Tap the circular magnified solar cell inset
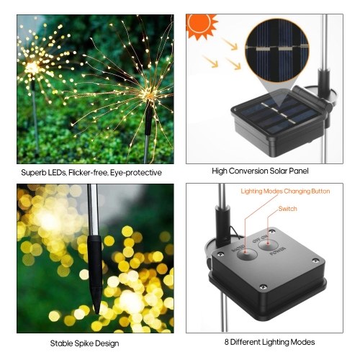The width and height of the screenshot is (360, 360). click(x=277, y=51)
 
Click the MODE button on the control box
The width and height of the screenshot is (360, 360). click(x=247, y=254)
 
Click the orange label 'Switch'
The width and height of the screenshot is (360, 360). click(x=287, y=209)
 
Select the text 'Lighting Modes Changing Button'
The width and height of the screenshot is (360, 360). click(x=285, y=192)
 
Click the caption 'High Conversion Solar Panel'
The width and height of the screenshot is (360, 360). click(x=260, y=171)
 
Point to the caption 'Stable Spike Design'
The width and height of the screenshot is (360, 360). click(x=84, y=343)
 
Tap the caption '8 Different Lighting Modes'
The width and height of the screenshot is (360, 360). click(x=269, y=342)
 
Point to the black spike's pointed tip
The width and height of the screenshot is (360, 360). click(x=96, y=312)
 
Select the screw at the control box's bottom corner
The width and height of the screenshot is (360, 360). click(x=264, y=287)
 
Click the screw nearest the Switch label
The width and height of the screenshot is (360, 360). click(x=271, y=232)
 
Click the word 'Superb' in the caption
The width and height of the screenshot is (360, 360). click(x=32, y=173)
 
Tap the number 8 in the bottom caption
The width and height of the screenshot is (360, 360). click(x=227, y=342)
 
